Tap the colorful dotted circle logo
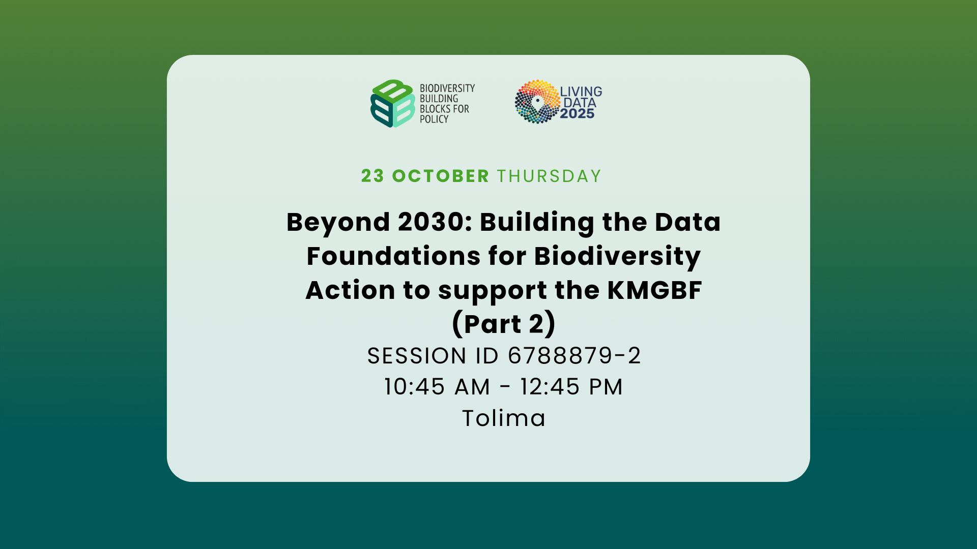[537, 102]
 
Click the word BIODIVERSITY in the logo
[447, 88]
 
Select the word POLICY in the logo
[434, 119]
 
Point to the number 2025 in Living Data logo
[577, 114]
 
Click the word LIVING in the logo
[581, 91]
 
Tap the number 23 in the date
[372, 176]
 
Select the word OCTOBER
[440, 176]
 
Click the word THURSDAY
[550, 176]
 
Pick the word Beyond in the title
[338, 223]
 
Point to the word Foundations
[393, 256]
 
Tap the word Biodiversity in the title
[617, 256]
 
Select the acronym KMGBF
[654, 290]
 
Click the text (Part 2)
[504, 324]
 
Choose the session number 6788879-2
[574, 356]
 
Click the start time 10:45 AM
[437, 387]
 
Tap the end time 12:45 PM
[571, 387]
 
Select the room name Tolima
[504, 418]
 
